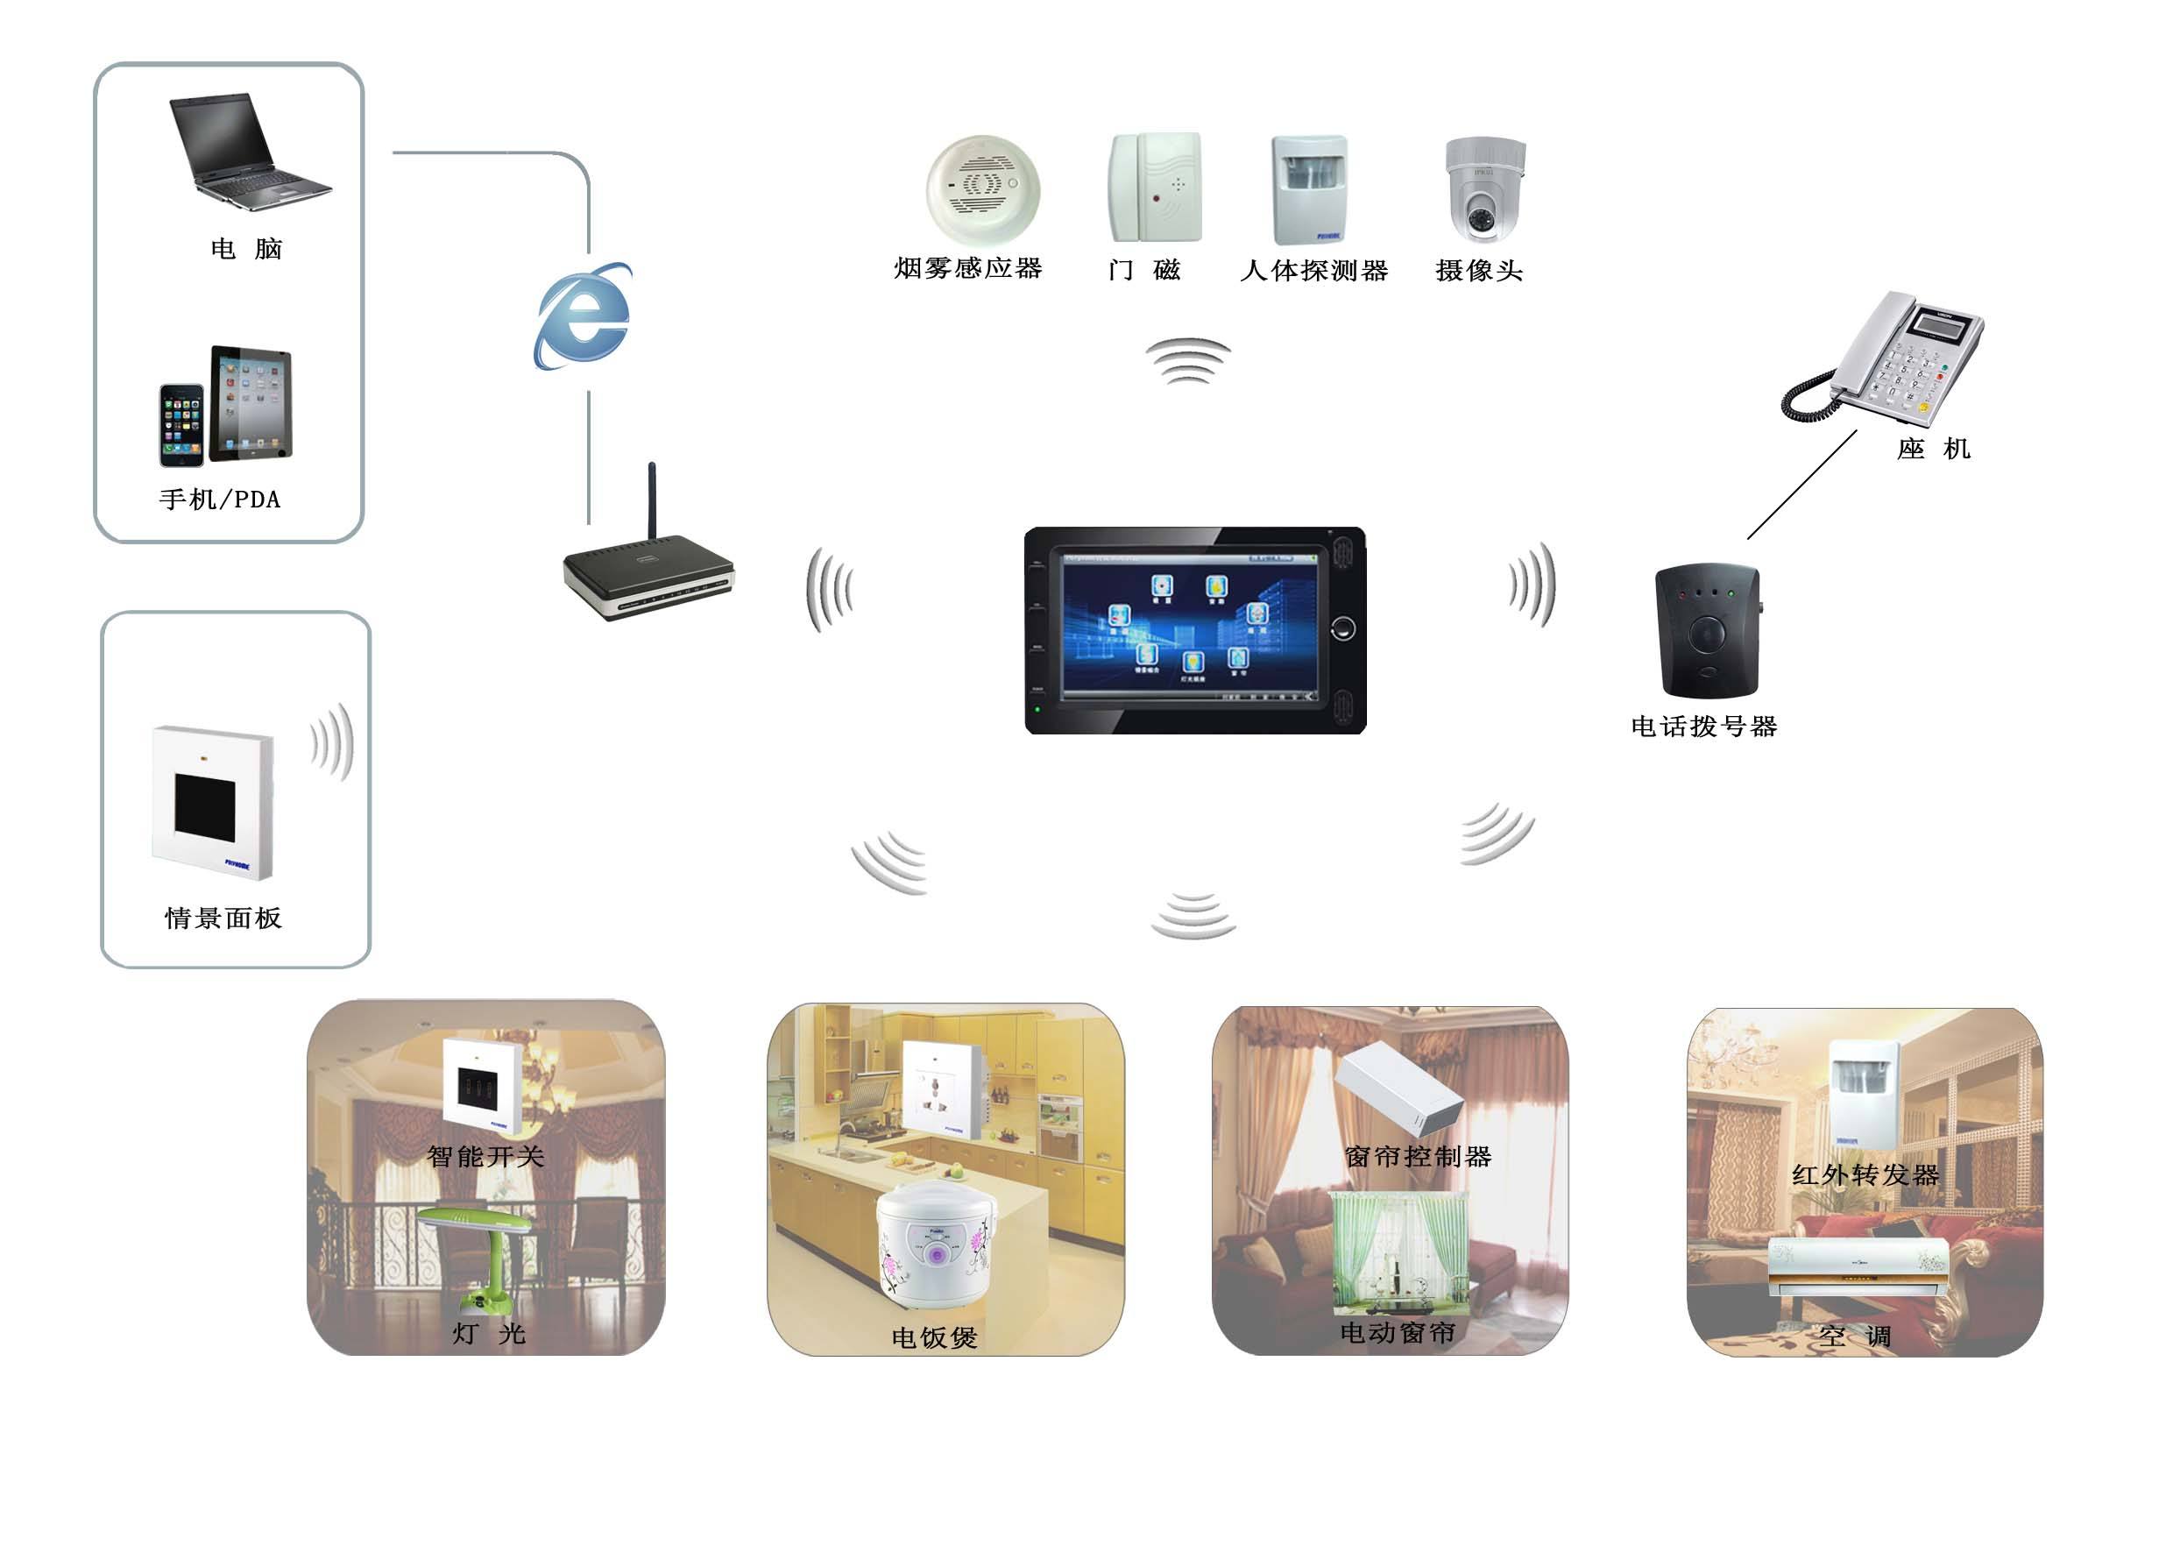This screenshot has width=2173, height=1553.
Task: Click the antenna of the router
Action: [652, 502]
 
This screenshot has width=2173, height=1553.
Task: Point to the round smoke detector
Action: [982, 188]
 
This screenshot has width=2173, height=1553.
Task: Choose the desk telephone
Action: [1888, 358]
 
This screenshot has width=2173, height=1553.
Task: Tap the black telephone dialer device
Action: [1707, 631]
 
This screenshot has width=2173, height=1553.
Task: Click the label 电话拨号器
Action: [1703, 727]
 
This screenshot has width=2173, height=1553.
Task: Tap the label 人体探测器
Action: [1313, 271]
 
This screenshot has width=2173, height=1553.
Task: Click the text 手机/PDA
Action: [220, 500]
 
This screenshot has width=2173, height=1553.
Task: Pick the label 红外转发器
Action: [1865, 1175]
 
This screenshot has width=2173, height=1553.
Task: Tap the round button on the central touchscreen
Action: [1342, 628]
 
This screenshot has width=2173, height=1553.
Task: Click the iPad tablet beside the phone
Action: [251, 402]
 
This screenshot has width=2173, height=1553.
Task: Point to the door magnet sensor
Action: [1154, 188]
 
